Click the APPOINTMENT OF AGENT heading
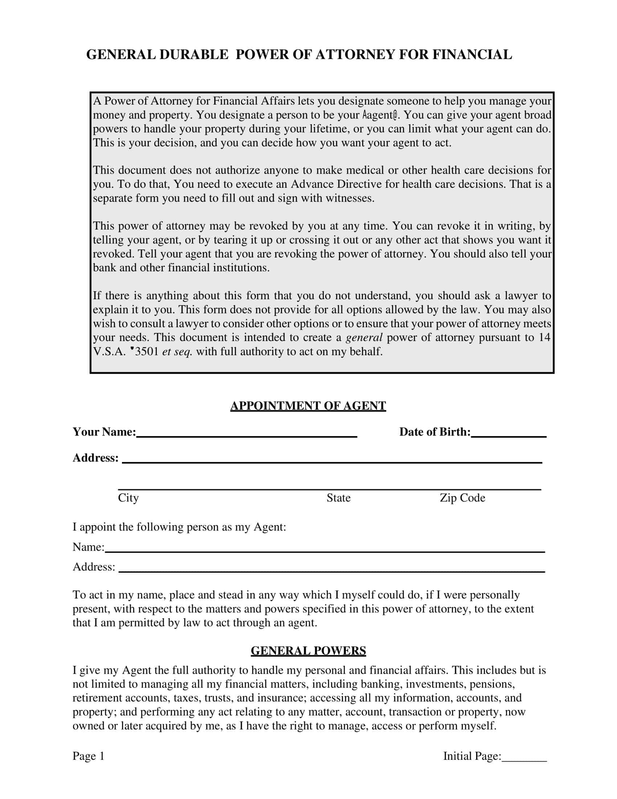(308, 406)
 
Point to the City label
(128, 498)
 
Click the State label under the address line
(339, 498)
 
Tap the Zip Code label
(462, 498)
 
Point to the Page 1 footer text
(89, 756)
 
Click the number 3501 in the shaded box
(147, 352)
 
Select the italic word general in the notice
(364, 337)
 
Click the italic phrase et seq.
(177, 352)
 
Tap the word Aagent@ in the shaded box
(380, 115)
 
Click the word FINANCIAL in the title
(472, 54)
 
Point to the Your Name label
(104, 432)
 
